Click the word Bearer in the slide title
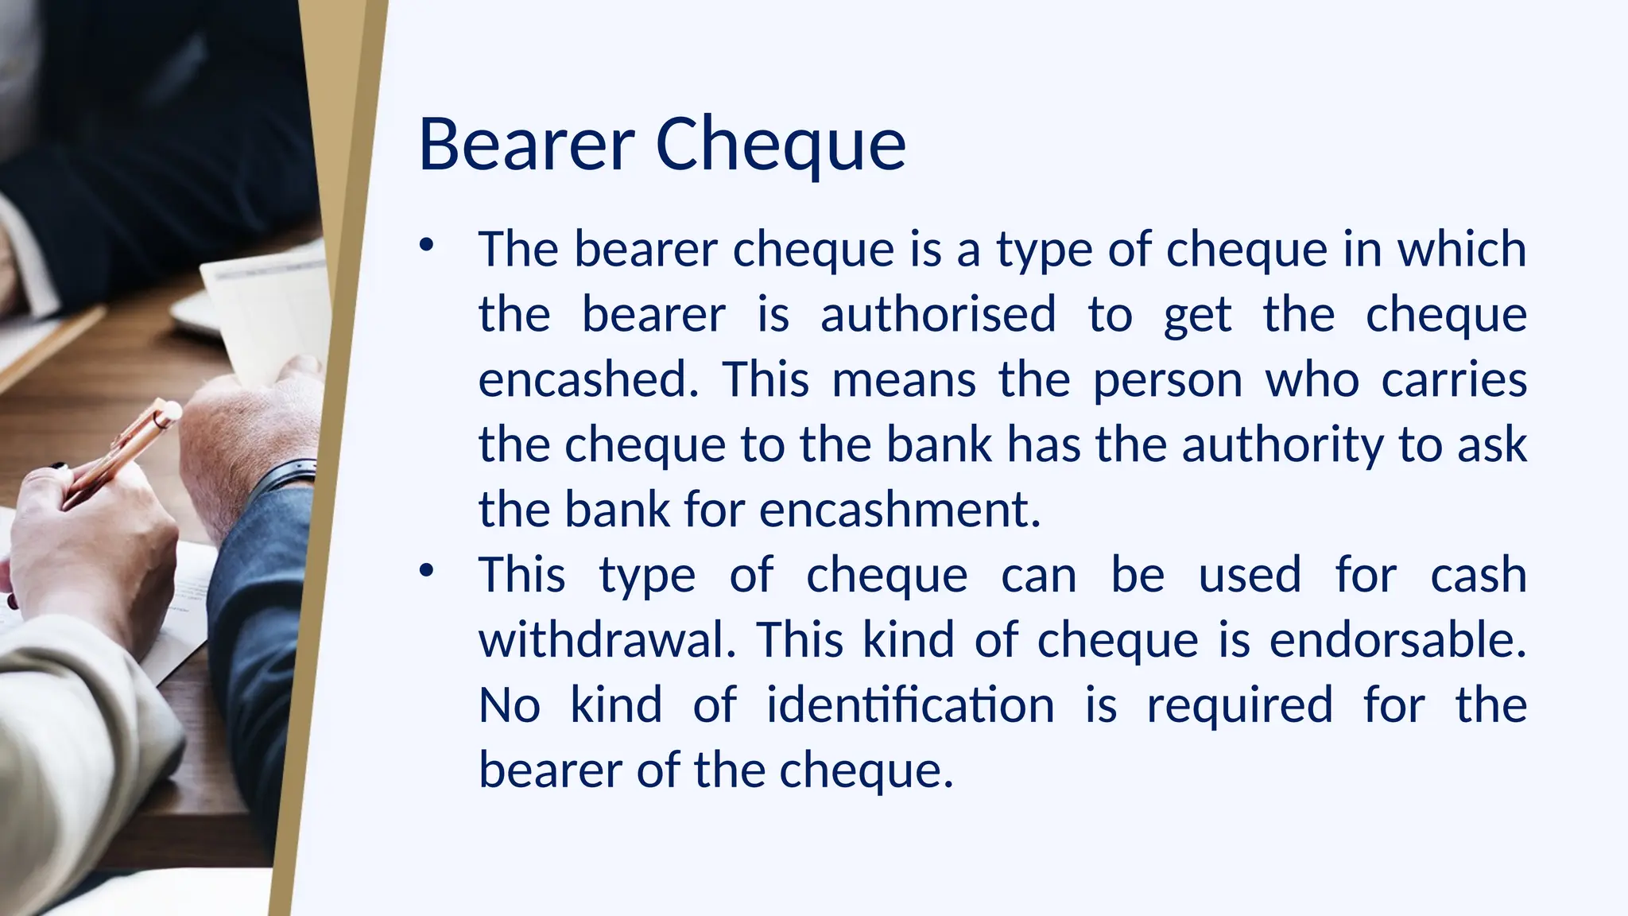(x=525, y=145)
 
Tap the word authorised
(x=938, y=314)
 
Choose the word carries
(x=1454, y=379)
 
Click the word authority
(x=1282, y=444)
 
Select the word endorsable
(x=1397, y=640)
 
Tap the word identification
(x=910, y=705)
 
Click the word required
(x=1239, y=705)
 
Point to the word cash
(x=1478, y=575)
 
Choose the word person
(x=1168, y=379)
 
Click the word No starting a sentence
(x=510, y=705)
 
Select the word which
(x=1462, y=249)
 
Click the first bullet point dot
(x=427, y=245)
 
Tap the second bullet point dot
(x=427, y=570)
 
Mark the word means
(x=904, y=379)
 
